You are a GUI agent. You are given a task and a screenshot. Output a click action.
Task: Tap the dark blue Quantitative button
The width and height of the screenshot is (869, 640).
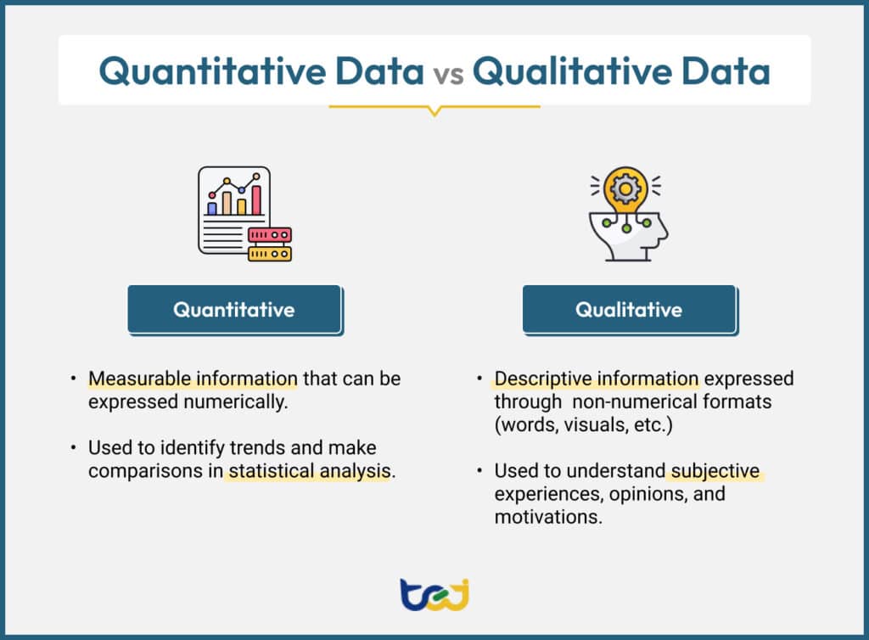pos(234,309)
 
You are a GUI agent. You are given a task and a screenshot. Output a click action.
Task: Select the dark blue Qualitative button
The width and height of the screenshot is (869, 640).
pos(629,309)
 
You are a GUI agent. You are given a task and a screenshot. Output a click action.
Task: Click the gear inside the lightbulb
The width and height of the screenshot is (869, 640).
pos(626,188)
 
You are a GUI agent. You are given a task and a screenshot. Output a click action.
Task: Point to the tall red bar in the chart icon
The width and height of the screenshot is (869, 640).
pos(256,199)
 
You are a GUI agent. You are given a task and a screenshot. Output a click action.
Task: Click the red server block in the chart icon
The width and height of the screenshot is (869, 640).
pos(270,235)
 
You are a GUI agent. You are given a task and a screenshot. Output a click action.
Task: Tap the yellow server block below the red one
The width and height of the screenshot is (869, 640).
pos(270,253)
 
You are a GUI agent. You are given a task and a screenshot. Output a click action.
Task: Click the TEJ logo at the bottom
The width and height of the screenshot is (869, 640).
pos(434,594)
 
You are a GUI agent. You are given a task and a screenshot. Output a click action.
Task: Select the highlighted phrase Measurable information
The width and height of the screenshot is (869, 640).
pos(193,379)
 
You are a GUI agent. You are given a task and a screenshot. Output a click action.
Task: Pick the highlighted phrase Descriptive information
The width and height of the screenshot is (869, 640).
pos(597,379)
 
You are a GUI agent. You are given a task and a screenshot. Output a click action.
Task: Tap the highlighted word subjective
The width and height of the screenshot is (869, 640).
pos(714,471)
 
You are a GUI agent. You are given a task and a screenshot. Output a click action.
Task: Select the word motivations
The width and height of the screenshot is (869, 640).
pos(547,517)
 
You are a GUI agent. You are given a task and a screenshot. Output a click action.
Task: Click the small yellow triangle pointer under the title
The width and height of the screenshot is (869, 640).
pos(434,111)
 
